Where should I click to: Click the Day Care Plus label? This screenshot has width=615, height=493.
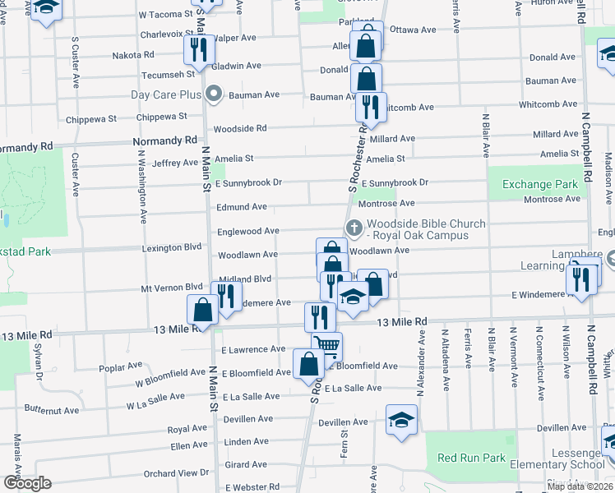point(166,94)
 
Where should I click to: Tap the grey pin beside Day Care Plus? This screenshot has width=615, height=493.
point(214,94)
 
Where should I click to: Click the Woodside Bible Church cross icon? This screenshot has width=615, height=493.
point(354,228)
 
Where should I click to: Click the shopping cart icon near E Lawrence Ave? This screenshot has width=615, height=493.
point(326,346)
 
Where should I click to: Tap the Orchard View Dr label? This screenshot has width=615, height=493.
point(176,473)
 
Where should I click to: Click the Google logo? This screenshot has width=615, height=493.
point(27,483)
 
